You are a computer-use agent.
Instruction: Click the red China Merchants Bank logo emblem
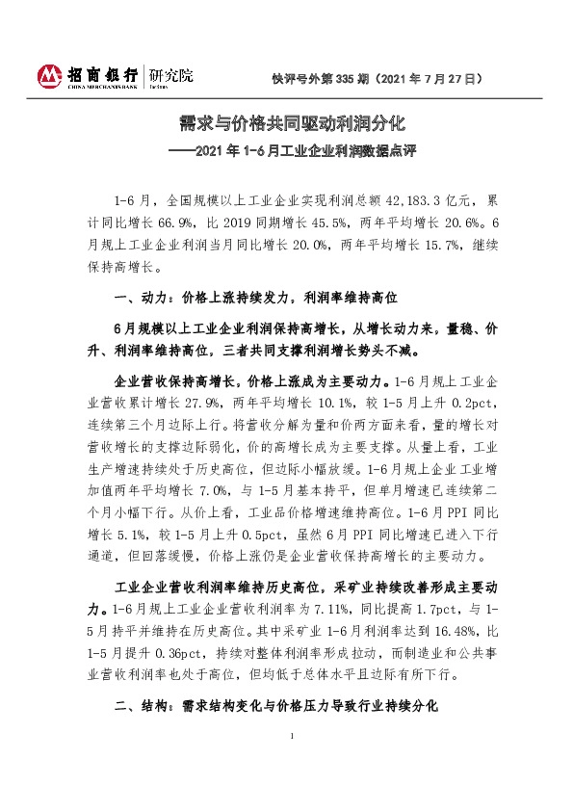pos(48,74)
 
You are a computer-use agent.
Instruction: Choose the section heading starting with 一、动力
pos(254,297)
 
